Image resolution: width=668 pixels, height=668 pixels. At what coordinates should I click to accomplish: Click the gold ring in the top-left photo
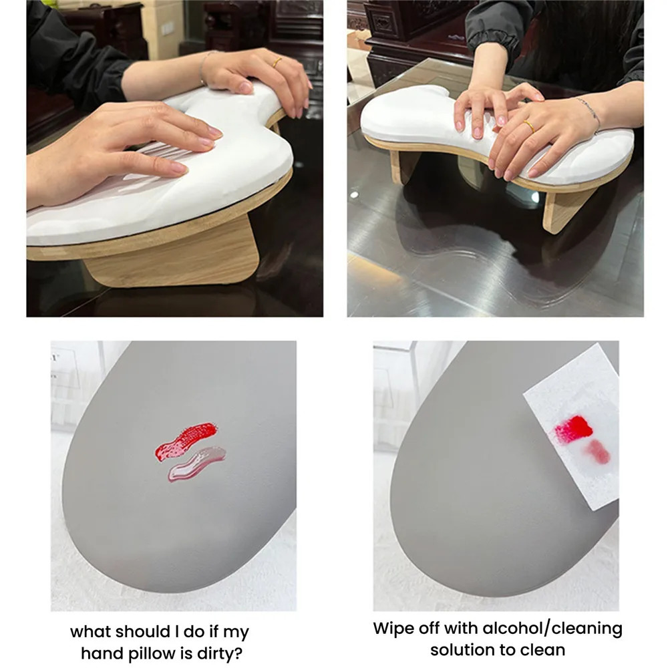(276, 61)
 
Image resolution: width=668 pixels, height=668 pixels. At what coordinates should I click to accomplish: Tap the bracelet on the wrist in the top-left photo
(203, 67)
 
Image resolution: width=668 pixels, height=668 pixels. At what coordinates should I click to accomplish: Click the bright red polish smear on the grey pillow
(186, 438)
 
